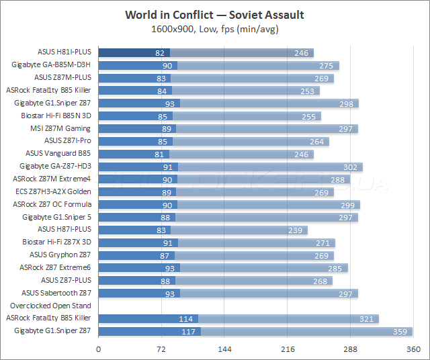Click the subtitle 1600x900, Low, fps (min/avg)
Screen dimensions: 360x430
point(214,29)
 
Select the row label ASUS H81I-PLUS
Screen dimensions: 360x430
point(64,52)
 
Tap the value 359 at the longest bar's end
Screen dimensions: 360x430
point(401,331)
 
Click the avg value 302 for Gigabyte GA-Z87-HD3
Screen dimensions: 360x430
point(351,166)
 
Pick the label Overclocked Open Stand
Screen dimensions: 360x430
point(50,306)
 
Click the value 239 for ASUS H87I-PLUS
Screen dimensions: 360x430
point(296,230)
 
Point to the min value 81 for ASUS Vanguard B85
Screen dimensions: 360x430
point(160,154)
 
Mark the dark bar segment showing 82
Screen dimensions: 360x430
point(134,52)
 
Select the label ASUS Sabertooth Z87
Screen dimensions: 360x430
point(56,293)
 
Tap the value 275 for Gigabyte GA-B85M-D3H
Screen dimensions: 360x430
point(327,65)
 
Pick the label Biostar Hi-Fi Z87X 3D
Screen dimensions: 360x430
point(56,242)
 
